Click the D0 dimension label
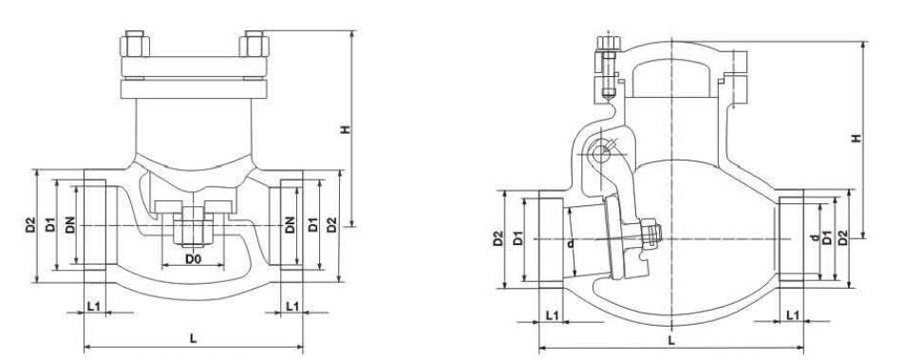click(x=193, y=259)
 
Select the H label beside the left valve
click(x=345, y=130)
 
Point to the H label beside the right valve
click(x=857, y=138)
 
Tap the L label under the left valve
click(x=193, y=338)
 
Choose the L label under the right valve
click(x=670, y=340)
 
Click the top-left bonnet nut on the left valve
click(x=135, y=44)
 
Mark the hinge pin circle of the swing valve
click(x=601, y=154)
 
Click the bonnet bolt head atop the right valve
click(x=609, y=44)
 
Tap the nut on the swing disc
click(x=650, y=231)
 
